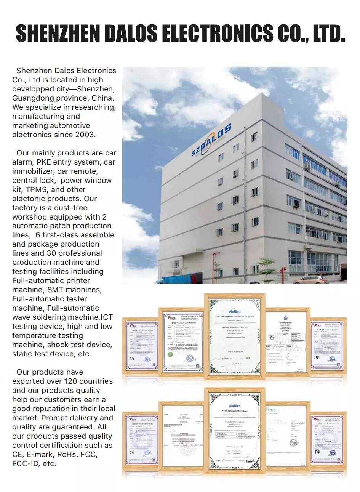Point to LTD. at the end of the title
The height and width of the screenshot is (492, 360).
(x=328, y=33)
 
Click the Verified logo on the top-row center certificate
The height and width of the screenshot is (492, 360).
(x=234, y=311)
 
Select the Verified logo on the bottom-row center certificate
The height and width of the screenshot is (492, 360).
(x=234, y=406)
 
